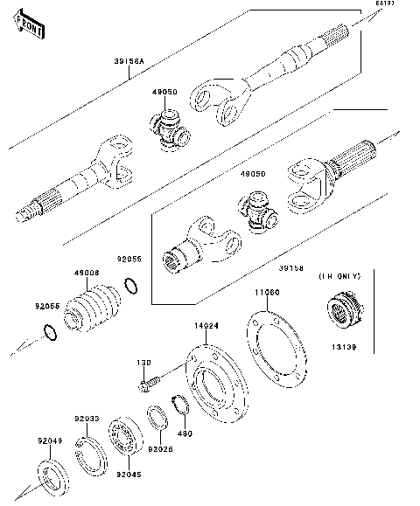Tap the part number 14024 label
pos(206,325)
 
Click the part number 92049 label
pos(49,441)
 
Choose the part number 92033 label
pos(86,419)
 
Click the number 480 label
pos(185,433)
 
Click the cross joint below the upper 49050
pos(170,131)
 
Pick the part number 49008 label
pos(86,273)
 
